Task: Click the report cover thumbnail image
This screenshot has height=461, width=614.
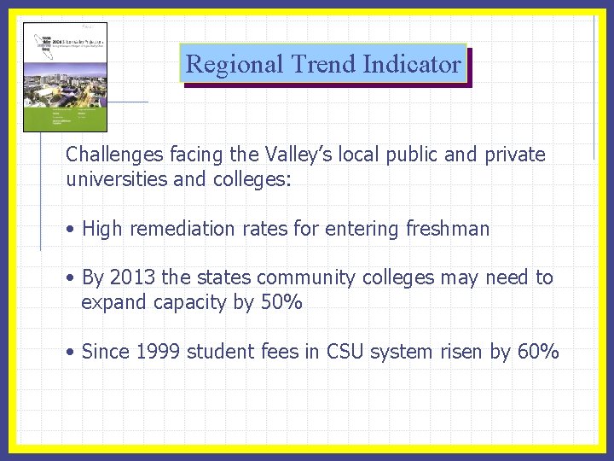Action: click(65, 77)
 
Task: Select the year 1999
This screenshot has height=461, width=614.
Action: click(157, 351)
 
